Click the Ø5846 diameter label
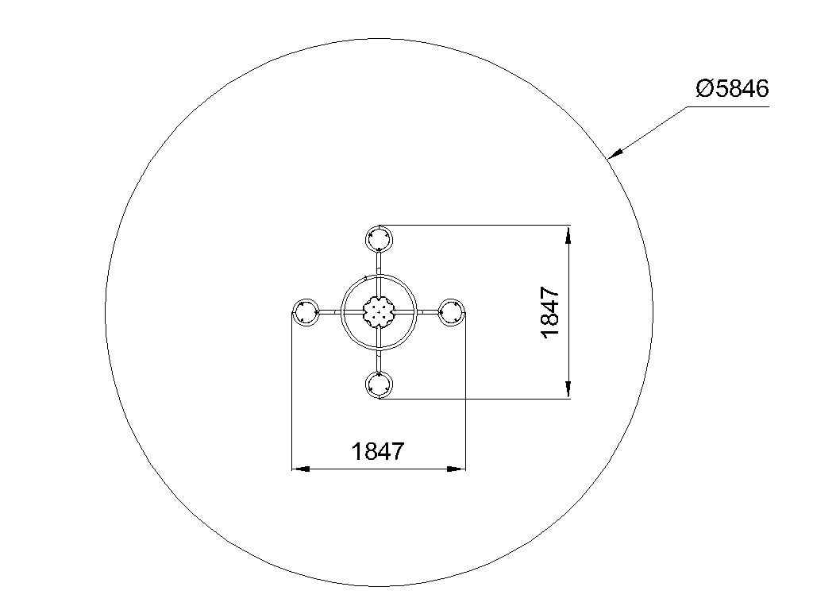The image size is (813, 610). (x=731, y=89)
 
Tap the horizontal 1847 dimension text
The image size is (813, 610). (x=377, y=451)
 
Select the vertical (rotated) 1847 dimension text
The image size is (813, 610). (x=550, y=312)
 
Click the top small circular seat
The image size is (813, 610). (x=379, y=239)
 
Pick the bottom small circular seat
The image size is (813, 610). (x=379, y=385)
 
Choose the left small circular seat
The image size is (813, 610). (x=306, y=312)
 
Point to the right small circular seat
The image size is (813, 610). (x=452, y=312)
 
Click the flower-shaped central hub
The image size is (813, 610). (x=379, y=311)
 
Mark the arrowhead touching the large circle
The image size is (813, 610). (x=615, y=153)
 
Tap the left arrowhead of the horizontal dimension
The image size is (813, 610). (x=301, y=469)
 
